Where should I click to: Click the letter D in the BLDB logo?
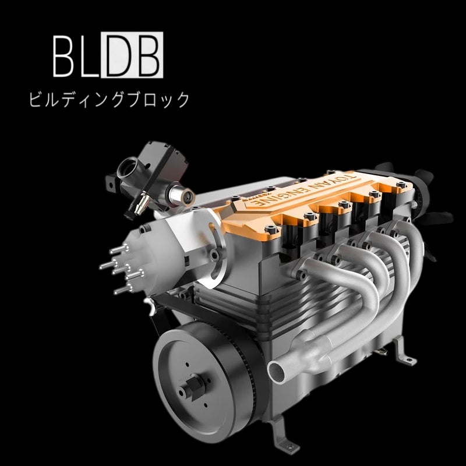click(118, 55)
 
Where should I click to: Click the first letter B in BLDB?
click(63, 56)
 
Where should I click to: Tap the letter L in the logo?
click(89, 56)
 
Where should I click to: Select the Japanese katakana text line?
click(109, 99)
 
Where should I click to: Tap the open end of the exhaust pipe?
click(278, 371)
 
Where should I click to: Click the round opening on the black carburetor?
click(127, 168)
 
